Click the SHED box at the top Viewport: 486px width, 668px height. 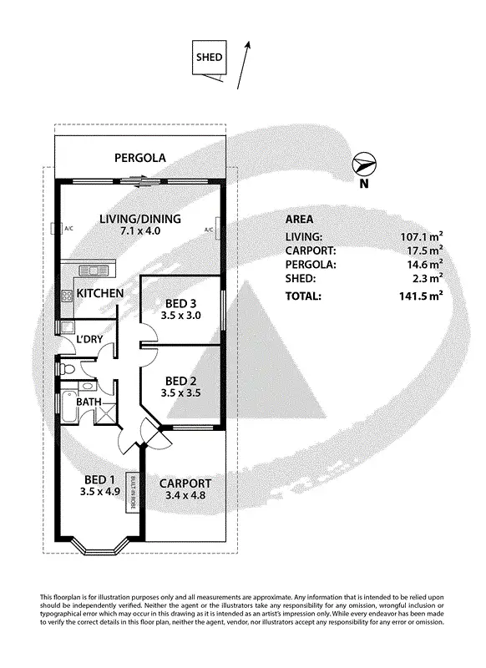point(209,58)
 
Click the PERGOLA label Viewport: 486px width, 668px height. point(140,157)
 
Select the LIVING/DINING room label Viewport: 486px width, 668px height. point(140,219)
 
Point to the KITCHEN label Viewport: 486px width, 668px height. point(100,294)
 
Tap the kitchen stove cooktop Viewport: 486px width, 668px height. point(67,295)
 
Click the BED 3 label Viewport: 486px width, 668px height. point(181,302)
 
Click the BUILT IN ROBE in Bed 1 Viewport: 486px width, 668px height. point(131,493)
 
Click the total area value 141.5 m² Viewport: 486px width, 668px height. point(421,296)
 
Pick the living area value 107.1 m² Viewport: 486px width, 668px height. point(421,236)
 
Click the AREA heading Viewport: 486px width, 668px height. point(300,219)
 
